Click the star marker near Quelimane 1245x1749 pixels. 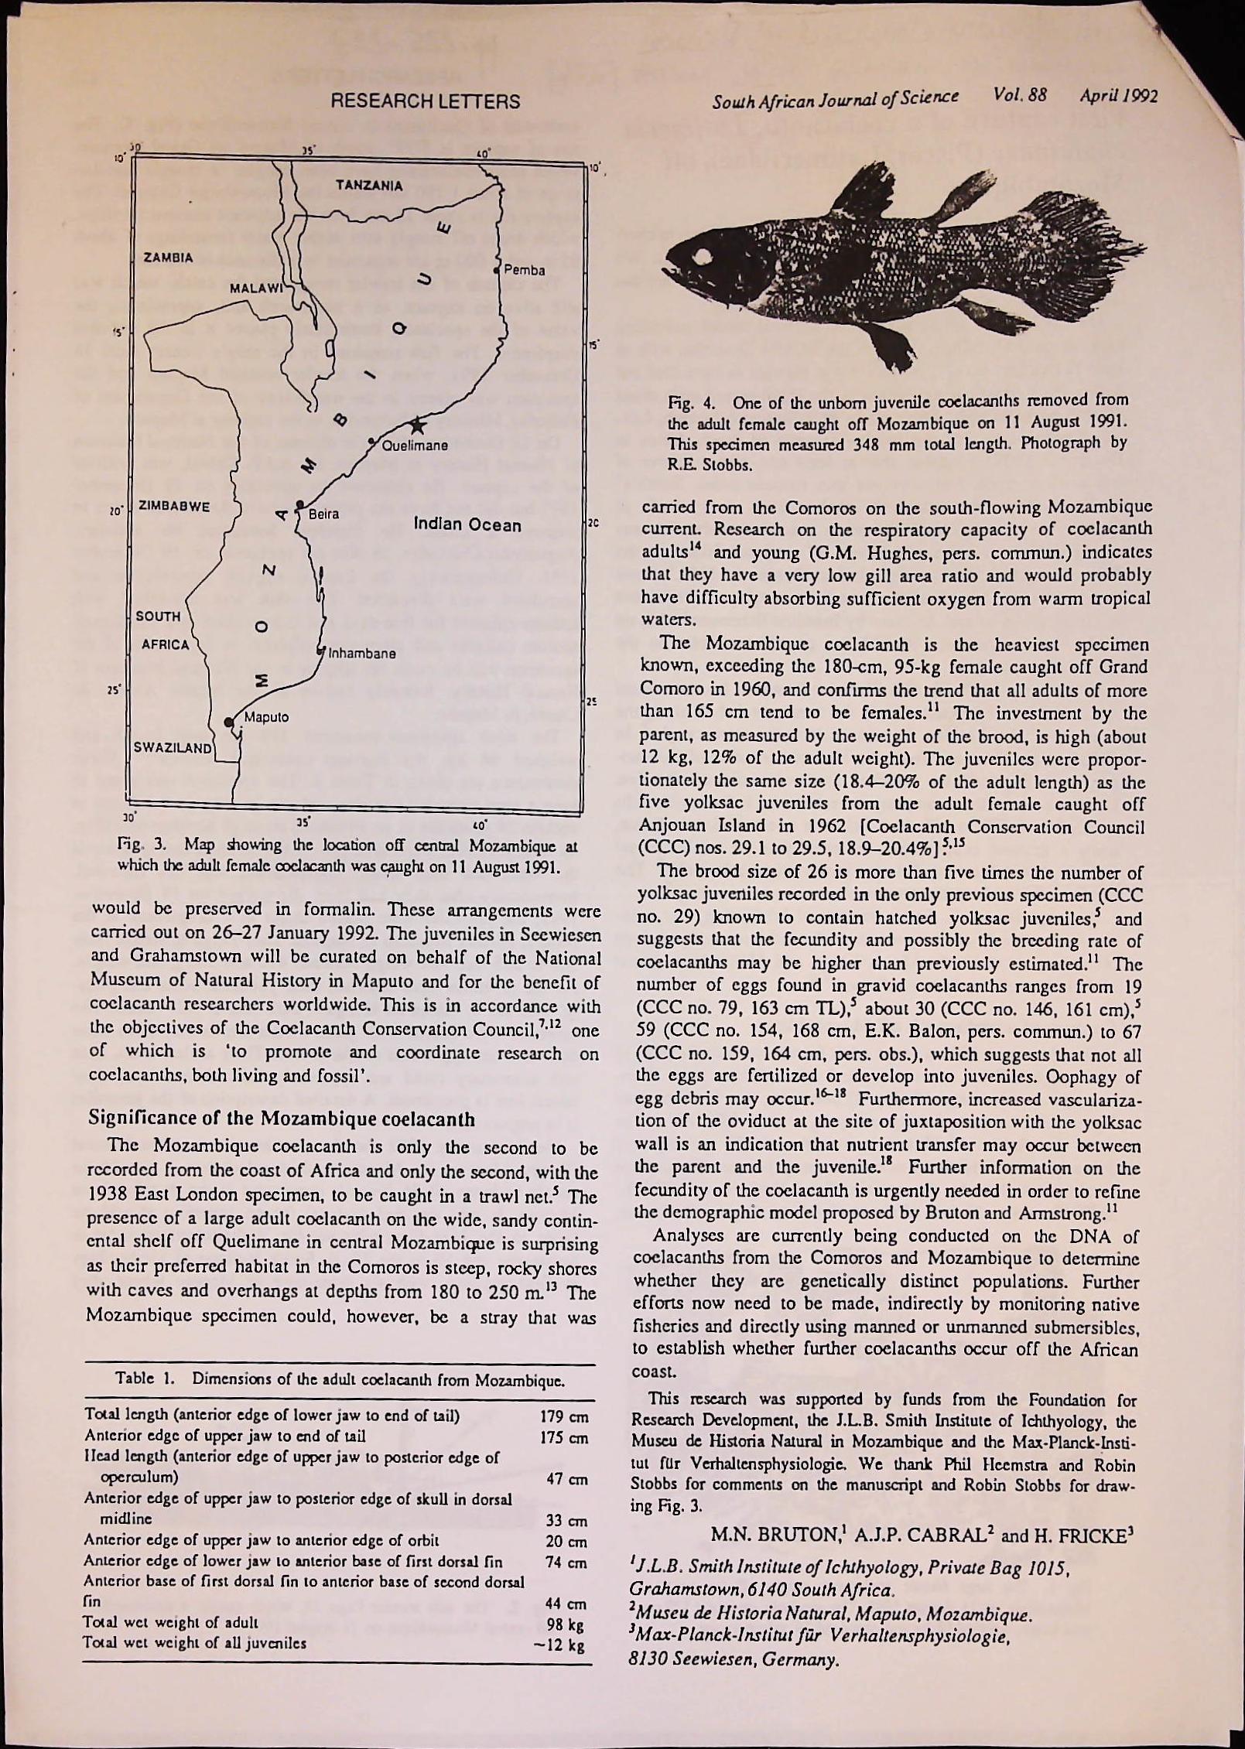(x=418, y=424)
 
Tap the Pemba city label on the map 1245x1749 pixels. (x=525, y=271)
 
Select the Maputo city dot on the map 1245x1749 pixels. (x=228, y=722)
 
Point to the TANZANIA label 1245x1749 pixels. (x=369, y=186)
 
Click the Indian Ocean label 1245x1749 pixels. (x=467, y=526)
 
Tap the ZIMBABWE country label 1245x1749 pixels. (x=174, y=507)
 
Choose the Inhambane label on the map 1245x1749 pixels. (x=363, y=653)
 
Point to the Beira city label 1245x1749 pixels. (x=323, y=514)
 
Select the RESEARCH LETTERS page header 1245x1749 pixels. (x=425, y=101)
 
